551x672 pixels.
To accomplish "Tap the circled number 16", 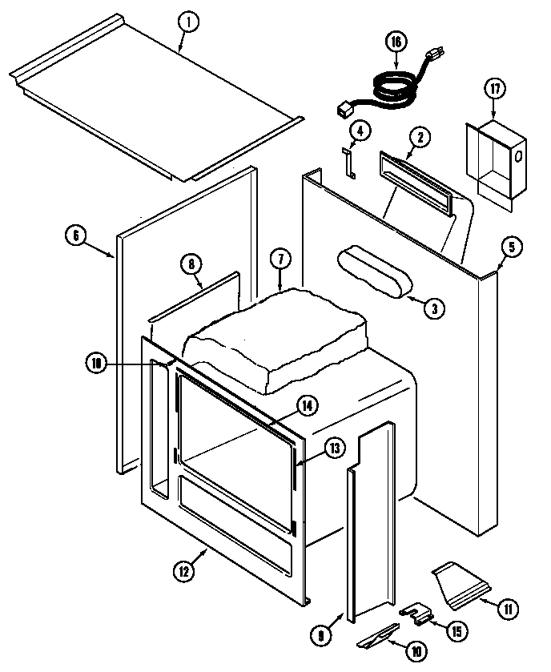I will (395, 42).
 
